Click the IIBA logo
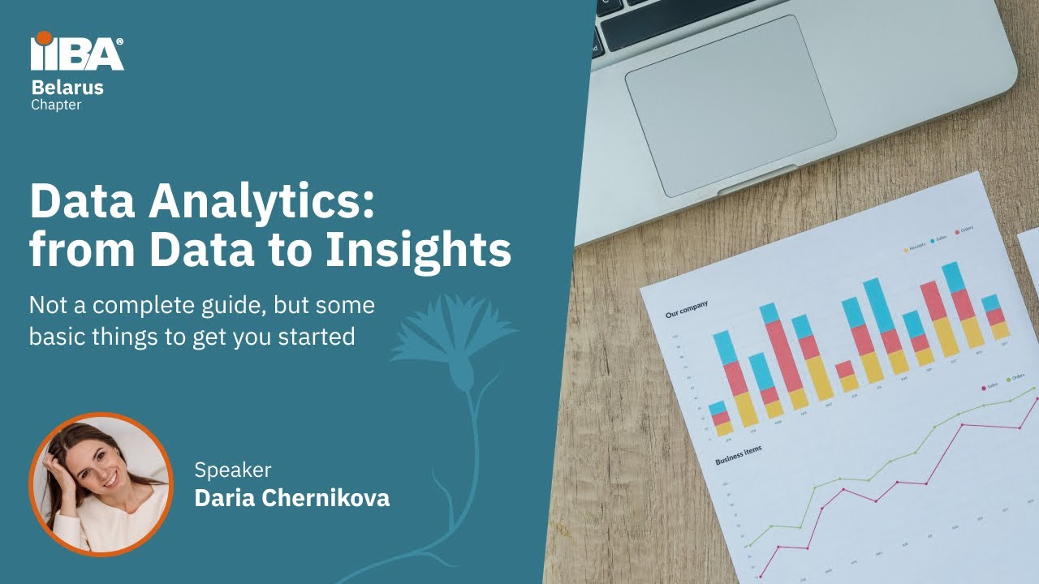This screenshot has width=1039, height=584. [77, 53]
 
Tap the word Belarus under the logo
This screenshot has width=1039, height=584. [67, 88]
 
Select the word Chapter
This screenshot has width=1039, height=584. [56, 105]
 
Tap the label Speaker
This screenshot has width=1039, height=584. [233, 470]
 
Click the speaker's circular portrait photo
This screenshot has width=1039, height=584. [101, 484]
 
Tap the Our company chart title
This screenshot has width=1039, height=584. [687, 308]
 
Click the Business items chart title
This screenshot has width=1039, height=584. [738, 455]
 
